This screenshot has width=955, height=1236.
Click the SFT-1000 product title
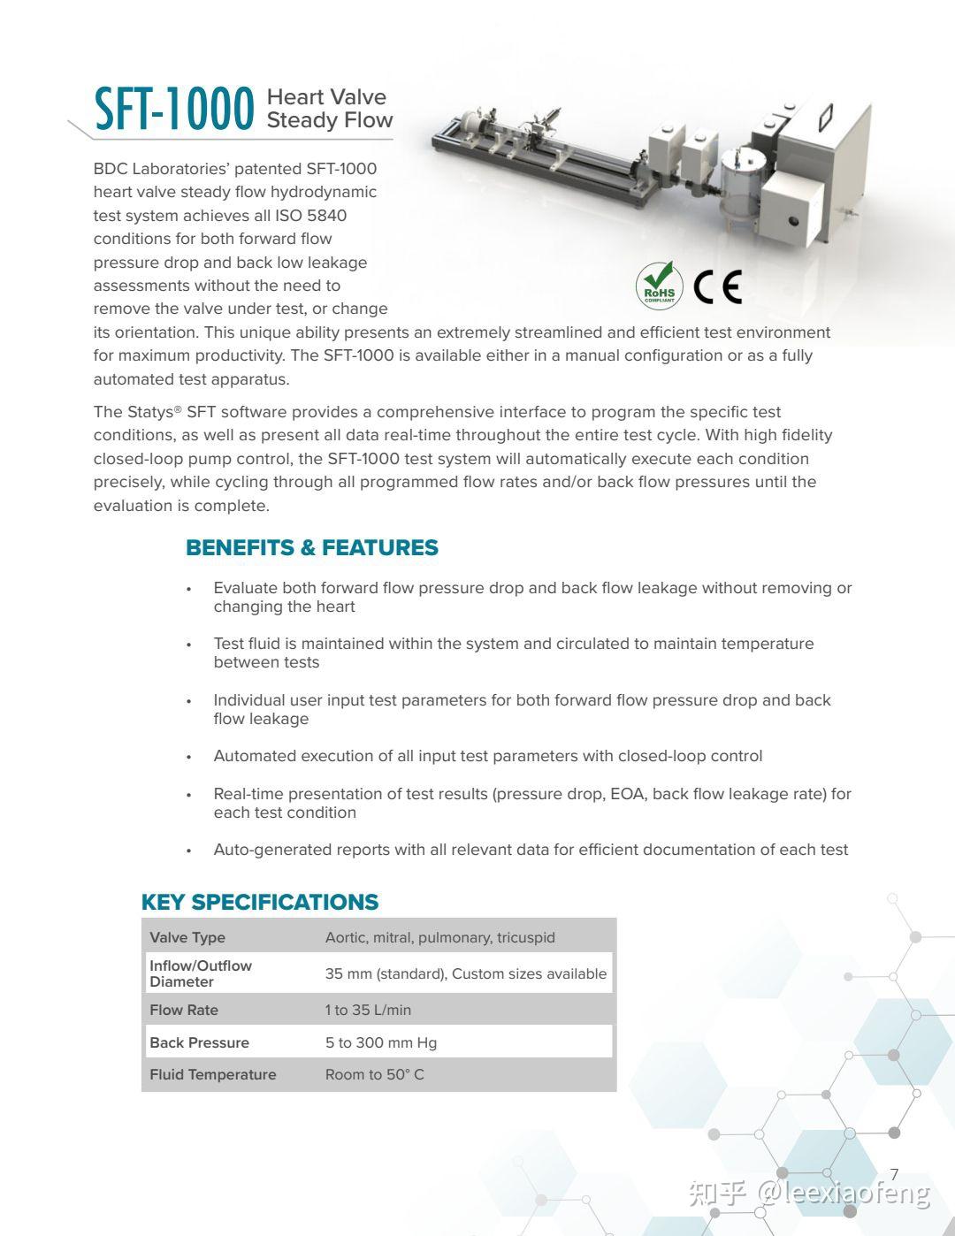point(174,110)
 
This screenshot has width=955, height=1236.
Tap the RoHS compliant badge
point(659,285)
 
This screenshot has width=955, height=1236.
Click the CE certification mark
point(717,286)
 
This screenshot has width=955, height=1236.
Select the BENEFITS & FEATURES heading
point(311,548)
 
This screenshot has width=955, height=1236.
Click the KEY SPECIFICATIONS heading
point(259,902)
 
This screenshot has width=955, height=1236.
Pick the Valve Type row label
point(187,937)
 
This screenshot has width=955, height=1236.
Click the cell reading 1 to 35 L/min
point(368,1010)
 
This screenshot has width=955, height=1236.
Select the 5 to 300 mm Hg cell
point(381,1042)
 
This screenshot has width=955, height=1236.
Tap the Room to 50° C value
point(374,1074)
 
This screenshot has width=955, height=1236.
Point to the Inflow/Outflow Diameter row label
point(201,973)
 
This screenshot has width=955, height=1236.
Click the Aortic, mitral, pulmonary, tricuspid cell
point(439,937)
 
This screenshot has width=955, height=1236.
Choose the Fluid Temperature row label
point(213,1074)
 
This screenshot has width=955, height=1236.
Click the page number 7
point(894,1174)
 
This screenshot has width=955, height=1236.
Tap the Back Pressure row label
point(199,1042)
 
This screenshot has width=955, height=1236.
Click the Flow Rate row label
point(184,1010)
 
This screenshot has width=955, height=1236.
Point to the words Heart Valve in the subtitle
point(326,97)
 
